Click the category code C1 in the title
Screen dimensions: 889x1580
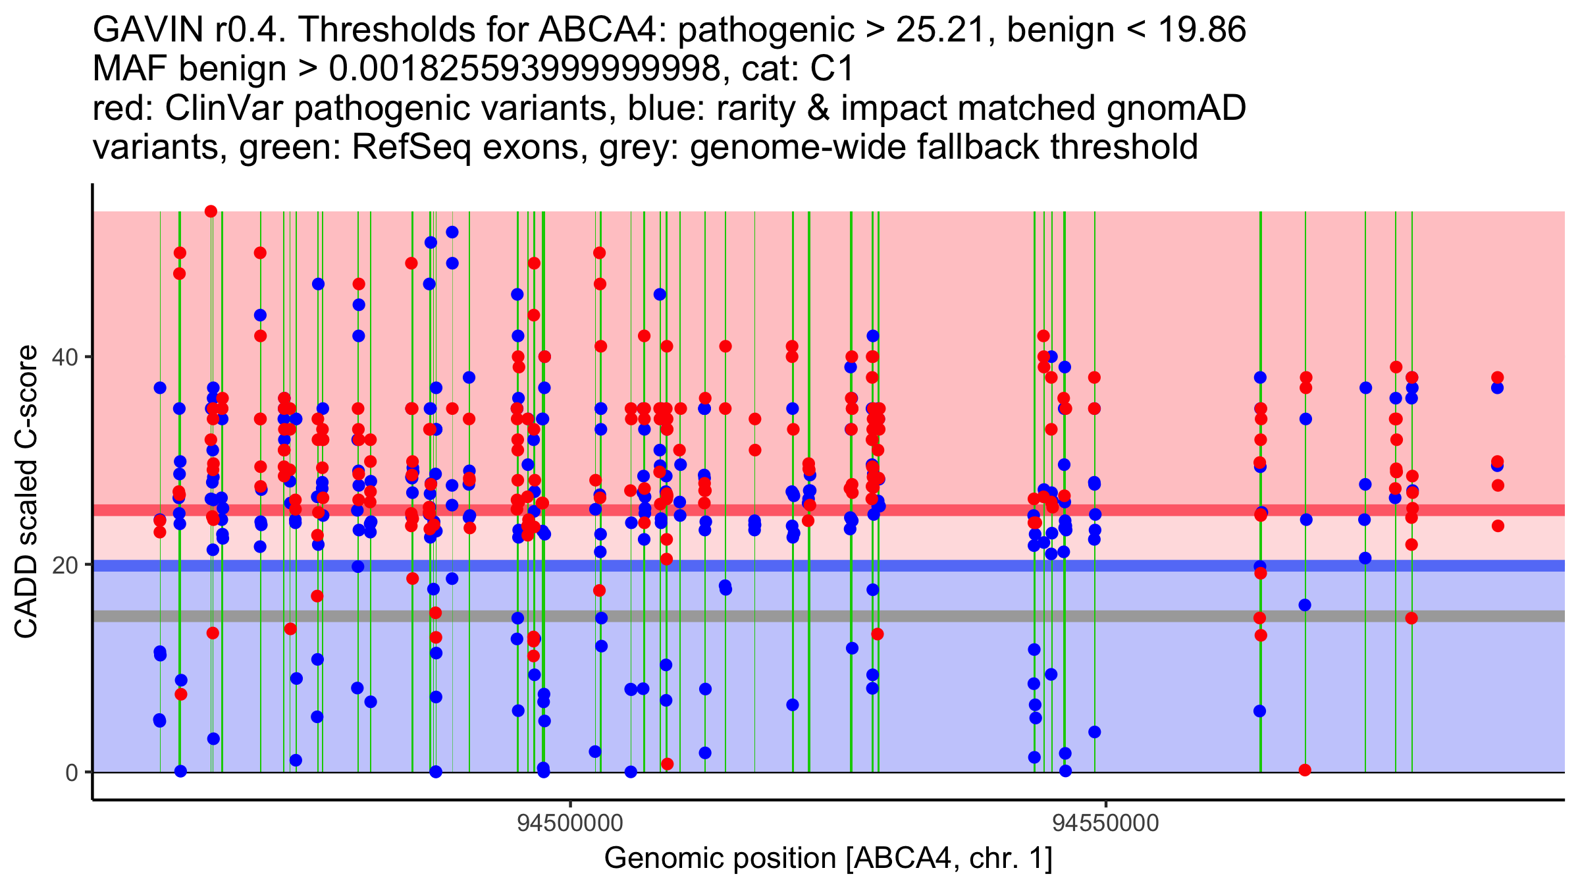(833, 68)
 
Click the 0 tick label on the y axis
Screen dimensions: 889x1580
(72, 772)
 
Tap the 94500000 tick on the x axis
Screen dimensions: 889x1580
(570, 823)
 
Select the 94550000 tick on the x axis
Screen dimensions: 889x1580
(1105, 823)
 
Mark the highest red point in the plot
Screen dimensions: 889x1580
(211, 211)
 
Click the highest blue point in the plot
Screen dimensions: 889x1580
(452, 232)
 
